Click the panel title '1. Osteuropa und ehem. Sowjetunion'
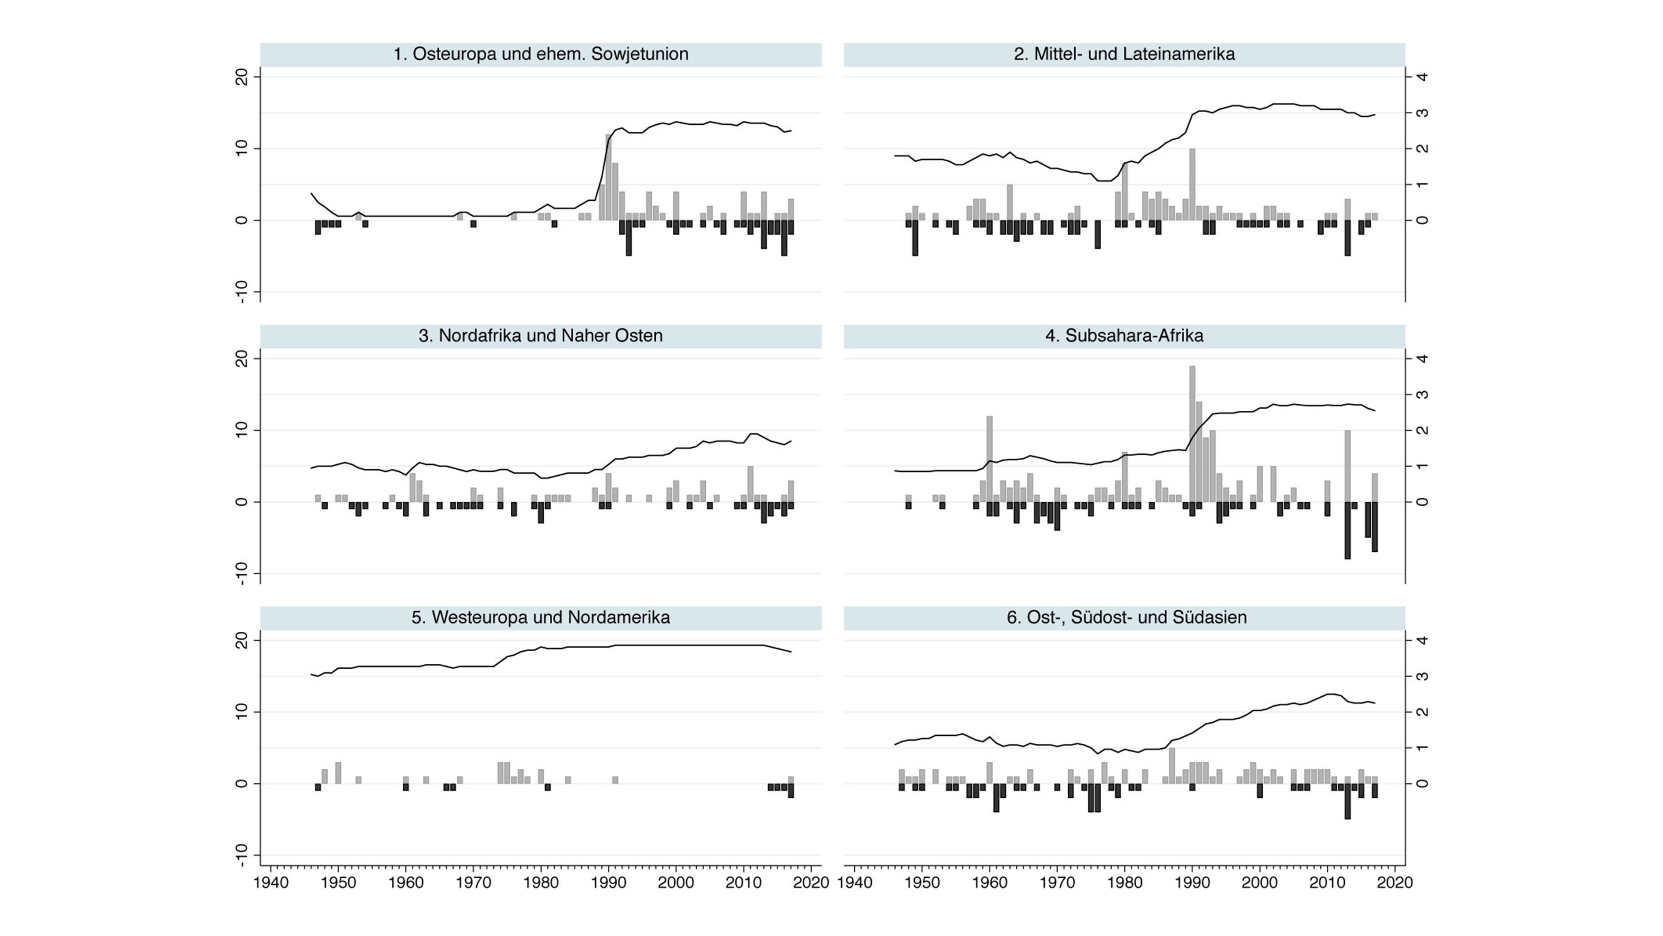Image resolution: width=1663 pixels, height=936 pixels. tap(540, 54)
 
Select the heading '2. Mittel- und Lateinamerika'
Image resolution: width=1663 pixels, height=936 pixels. tap(1124, 54)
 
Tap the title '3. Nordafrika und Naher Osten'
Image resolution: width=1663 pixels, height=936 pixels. tap(540, 336)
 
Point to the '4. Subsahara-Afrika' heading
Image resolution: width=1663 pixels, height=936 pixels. tap(1124, 336)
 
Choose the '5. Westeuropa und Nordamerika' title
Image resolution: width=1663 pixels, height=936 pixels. tap(540, 617)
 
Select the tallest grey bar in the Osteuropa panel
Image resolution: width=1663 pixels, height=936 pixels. tap(608, 177)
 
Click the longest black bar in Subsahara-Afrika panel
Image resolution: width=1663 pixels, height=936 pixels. tap(1347, 530)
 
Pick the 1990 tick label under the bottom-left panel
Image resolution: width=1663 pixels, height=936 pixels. tap(608, 882)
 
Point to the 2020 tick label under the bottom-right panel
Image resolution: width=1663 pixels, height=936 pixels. tap(1395, 882)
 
